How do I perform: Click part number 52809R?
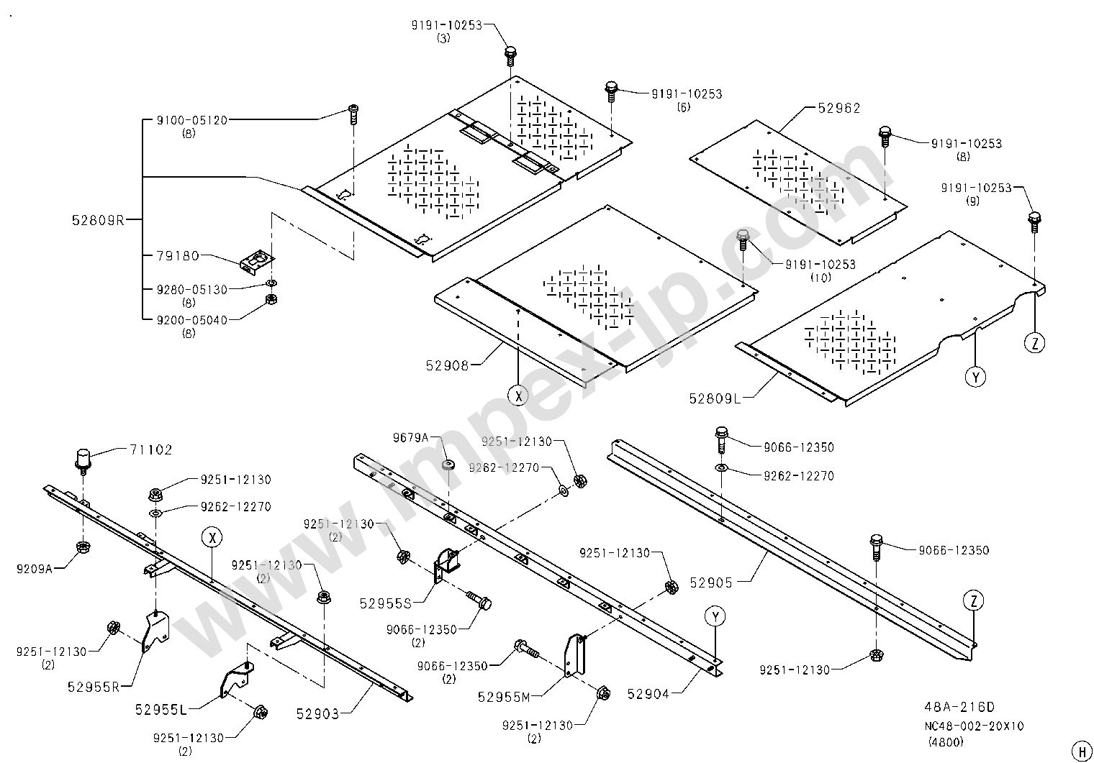pos(99,220)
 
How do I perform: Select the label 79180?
pos(177,255)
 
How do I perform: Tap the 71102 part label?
pos(151,450)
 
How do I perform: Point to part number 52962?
pos(839,108)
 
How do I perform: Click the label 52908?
pos(447,365)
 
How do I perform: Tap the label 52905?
pos(711,582)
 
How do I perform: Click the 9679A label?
pos(410,437)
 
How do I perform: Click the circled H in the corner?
pos(1081,749)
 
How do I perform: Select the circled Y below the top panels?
pos(976,376)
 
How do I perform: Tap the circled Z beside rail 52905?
pos(973,600)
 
